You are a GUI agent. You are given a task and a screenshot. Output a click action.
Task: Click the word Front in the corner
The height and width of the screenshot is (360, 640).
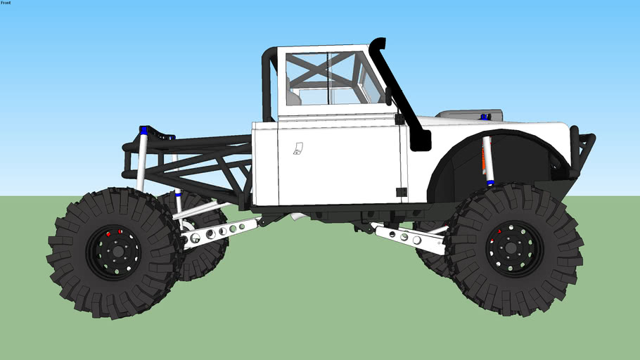[6, 3]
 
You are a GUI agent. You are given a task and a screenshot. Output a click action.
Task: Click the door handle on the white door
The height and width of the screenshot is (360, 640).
[298, 148]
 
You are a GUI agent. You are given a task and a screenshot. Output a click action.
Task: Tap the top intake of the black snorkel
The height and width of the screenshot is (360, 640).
[378, 42]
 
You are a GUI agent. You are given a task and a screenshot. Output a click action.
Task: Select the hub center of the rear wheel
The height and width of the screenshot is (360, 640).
[117, 252]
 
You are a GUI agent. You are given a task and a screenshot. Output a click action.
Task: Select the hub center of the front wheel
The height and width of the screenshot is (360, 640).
[511, 247]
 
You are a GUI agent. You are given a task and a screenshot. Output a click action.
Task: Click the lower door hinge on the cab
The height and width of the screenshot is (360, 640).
[401, 192]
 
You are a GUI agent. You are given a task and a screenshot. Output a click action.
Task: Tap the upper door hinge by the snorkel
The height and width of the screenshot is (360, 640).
[399, 120]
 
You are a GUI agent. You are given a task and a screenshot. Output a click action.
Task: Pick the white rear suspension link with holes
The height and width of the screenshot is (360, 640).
[218, 233]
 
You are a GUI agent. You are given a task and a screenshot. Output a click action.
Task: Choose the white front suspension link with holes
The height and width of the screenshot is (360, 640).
[408, 237]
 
